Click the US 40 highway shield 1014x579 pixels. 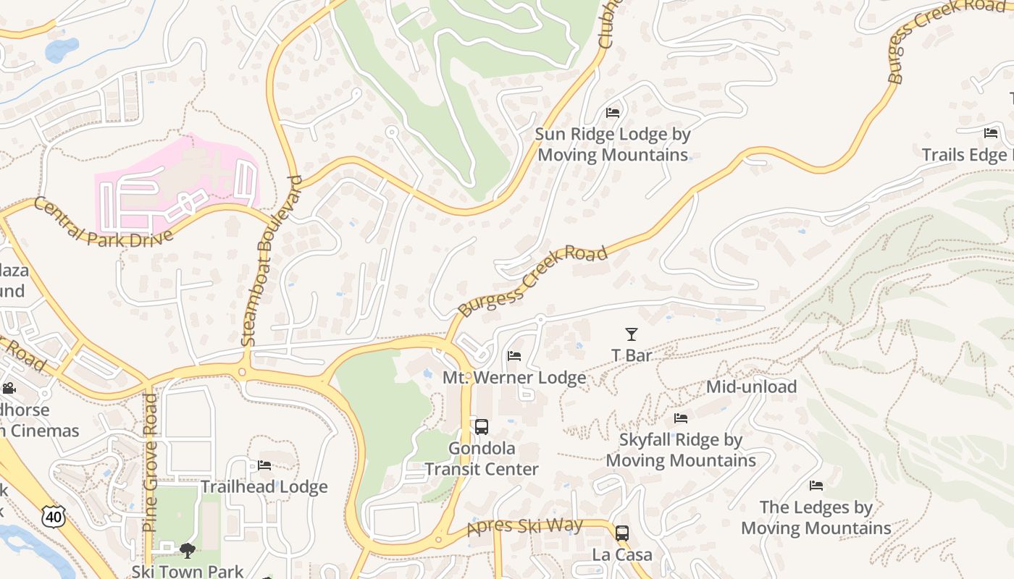53,516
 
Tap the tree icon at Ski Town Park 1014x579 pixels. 188,551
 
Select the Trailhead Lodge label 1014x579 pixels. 264,487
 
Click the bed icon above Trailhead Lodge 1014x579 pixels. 264,465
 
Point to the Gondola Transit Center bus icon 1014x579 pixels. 482,427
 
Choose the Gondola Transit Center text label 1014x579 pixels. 482,459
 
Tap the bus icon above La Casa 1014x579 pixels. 622,533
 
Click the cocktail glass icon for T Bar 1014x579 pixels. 632,334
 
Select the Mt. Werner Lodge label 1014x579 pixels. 514,378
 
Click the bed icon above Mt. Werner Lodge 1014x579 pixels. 514,355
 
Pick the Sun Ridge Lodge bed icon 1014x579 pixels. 613,112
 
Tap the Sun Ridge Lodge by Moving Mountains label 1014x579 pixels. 613,145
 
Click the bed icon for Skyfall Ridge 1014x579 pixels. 681,418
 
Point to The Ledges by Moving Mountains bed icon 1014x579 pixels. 816,486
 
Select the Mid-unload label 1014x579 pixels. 751,386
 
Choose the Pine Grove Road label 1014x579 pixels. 151,463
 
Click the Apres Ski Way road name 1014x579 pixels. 525,526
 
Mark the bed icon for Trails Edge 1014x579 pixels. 991,132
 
